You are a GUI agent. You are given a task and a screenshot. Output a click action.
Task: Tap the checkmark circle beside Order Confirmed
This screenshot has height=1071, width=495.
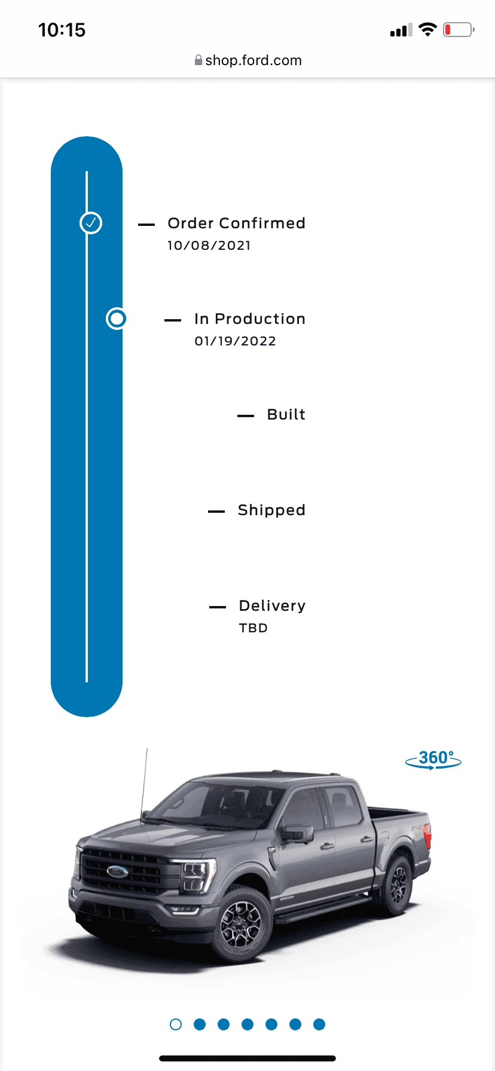pos(91,223)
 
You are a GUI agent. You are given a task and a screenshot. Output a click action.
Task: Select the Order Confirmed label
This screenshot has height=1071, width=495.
pos(236,223)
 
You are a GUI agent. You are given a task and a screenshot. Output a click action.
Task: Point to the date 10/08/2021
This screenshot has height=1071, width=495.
pos(209,246)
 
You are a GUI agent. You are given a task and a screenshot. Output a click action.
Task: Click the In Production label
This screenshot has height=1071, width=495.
pos(250,319)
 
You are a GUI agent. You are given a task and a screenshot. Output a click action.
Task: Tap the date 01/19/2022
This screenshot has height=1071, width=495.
pos(236,341)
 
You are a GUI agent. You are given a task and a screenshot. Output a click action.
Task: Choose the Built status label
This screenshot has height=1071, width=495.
pos(286,414)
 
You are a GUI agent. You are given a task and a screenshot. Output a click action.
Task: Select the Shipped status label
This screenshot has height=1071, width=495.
pos(271,510)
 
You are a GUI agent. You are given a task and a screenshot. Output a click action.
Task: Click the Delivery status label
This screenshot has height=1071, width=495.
pos(272,605)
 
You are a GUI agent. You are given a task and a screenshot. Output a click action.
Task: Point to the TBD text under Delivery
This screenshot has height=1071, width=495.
pos(253,628)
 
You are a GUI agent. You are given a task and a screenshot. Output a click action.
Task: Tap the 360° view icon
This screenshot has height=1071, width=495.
pos(433,760)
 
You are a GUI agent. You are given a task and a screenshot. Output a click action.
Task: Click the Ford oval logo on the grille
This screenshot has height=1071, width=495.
pos(117,871)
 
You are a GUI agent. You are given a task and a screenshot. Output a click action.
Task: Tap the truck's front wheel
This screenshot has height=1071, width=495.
pos(242,924)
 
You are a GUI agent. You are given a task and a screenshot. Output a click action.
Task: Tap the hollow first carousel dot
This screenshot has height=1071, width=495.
pos(176,1024)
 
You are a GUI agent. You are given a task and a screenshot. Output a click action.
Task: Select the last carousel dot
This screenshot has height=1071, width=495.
pos(319,1024)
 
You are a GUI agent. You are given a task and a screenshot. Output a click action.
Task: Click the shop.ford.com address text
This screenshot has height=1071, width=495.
pos(253,60)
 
